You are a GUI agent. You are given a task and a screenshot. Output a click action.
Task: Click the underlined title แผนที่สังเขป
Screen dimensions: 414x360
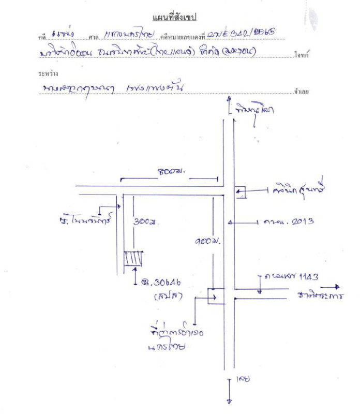point(176,19)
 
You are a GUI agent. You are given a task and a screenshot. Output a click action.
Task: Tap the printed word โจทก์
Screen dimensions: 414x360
point(302,54)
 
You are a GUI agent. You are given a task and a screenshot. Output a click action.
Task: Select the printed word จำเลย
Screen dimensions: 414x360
point(302,91)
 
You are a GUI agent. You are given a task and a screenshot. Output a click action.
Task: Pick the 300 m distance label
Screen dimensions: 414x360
point(145,222)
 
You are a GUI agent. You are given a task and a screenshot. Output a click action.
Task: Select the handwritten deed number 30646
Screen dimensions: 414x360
point(162,283)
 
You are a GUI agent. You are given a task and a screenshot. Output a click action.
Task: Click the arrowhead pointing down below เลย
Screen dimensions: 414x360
point(228,400)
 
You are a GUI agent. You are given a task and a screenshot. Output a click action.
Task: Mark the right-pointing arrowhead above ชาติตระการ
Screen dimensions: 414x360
point(337,286)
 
